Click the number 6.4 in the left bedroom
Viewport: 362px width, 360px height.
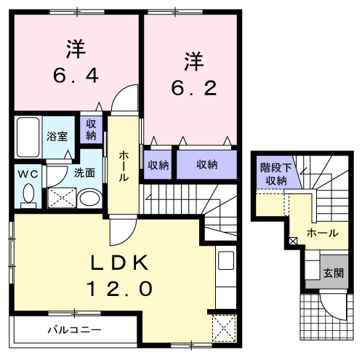coord(75,75)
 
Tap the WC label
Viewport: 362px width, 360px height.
coord(28,174)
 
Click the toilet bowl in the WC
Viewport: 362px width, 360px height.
coord(28,195)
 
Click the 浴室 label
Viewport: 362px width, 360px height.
coord(57,137)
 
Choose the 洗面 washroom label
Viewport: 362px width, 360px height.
coord(84,173)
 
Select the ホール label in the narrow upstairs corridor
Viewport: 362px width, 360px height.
coord(124,166)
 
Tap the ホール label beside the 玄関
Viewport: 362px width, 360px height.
coord(322,233)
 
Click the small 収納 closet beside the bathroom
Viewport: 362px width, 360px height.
coord(91,130)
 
